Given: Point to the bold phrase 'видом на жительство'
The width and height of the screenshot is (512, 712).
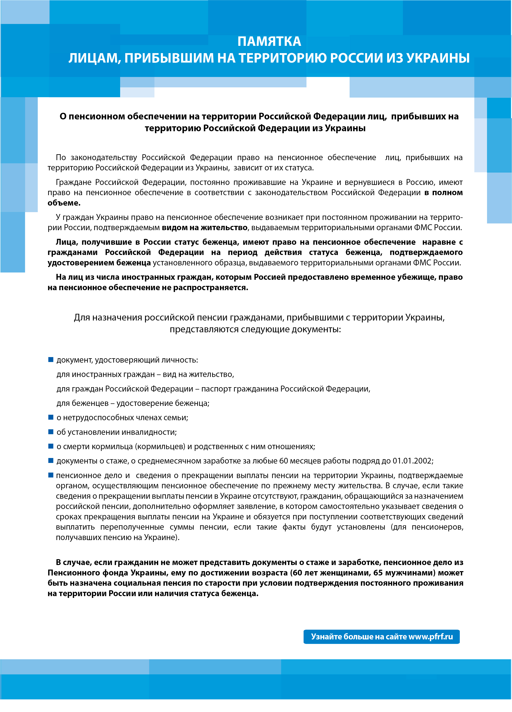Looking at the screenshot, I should [204, 228].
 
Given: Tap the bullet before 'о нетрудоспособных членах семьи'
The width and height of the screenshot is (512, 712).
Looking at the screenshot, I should [51, 417].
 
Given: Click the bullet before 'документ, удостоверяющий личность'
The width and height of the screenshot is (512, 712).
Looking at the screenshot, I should [51, 359].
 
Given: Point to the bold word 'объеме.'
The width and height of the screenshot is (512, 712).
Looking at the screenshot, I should [64, 203].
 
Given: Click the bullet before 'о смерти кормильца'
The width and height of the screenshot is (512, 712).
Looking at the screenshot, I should [51, 446].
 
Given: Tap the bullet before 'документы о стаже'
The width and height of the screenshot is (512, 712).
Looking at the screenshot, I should [51, 461].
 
